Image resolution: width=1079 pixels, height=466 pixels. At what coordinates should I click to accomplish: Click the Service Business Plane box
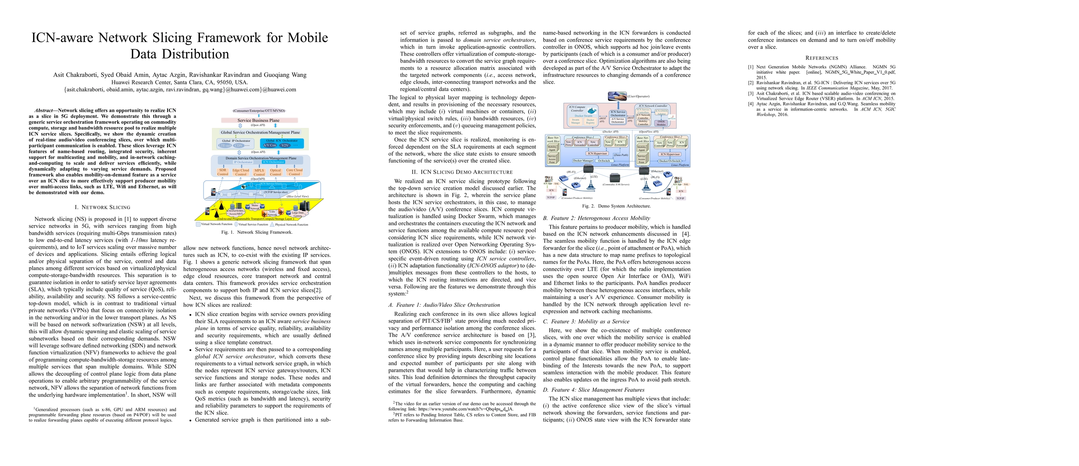pyautogui.click(x=258, y=120)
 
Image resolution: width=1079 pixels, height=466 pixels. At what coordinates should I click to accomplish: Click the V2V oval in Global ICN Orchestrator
pyautogui.click(x=285, y=145)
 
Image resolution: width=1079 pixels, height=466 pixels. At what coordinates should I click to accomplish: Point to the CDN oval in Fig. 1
pyautogui.click(x=238, y=145)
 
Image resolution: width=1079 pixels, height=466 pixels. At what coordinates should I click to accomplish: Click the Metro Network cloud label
pyautogui.click(x=254, y=207)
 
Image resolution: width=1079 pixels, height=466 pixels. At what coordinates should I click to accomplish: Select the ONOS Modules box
pyautogui.click(x=661, y=123)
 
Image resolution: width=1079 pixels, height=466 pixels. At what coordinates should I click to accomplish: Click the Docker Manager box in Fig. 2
pyautogui.click(x=583, y=160)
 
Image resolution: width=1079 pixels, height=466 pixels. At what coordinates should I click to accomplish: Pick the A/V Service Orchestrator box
pyautogui.click(x=617, y=120)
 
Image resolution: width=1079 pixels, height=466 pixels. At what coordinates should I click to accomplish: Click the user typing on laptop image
pyautogui.click(x=617, y=96)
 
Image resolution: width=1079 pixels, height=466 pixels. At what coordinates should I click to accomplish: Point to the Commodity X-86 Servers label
pyautogui.click(x=615, y=184)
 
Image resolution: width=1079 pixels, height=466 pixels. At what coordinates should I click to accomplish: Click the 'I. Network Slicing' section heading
pyautogui.click(x=102, y=207)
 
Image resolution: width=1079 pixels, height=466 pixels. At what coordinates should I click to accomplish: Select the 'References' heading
pyautogui.click(x=821, y=58)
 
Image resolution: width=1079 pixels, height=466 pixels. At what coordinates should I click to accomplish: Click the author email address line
pyautogui.click(x=180, y=89)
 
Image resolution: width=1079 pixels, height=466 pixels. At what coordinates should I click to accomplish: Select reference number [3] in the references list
pyautogui.click(x=751, y=94)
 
